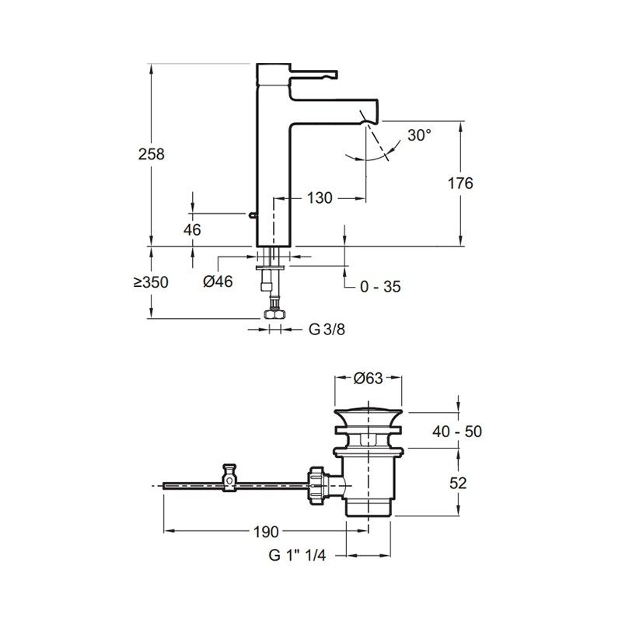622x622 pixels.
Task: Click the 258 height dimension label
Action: [x=153, y=154]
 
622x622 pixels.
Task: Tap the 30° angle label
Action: [x=419, y=135]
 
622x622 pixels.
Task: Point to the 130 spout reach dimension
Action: [x=319, y=198]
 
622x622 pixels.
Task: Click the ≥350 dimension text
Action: [x=149, y=283]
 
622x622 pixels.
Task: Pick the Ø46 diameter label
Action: [x=218, y=283]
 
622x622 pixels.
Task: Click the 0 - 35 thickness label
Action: [x=380, y=287]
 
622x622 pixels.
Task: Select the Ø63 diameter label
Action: [x=368, y=379]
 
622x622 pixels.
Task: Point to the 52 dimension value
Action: [x=459, y=482]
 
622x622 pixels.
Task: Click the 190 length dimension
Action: [x=264, y=533]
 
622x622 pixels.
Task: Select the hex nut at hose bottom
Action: [x=274, y=314]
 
